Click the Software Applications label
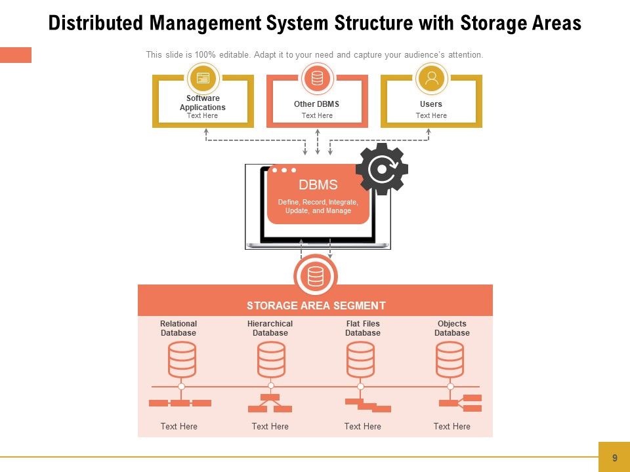pyautogui.click(x=203, y=103)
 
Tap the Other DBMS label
pyautogui.click(x=317, y=104)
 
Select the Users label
pyautogui.click(x=431, y=104)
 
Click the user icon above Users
pyautogui.click(x=432, y=79)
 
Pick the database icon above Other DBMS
pyautogui.click(x=318, y=79)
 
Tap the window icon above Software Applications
pyautogui.click(x=203, y=79)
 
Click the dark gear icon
pyautogui.click(x=381, y=169)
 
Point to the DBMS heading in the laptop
pyautogui.click(x=318, y=185)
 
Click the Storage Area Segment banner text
pyautogui.click(x=316, y=305)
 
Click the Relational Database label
pyautogui.click(x=178, y=328)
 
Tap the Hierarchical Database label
pyautogui.click(x=270, y=328)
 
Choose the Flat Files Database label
pyautogui.click(x=363, y=328)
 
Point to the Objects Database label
pyautogui.click(x=452, y=328)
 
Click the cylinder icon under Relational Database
pyautogui.click(x=182, y=359)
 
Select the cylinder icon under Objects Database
pyautogui.click(x=450, y=359)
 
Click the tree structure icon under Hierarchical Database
pyautogui.click(x=270, y=403)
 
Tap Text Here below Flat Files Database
pyautogui.click(x=362, y=427)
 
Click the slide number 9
pyautogui.click(x=614, y=458)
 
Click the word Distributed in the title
pyautogui.click(x=96, y=24)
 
